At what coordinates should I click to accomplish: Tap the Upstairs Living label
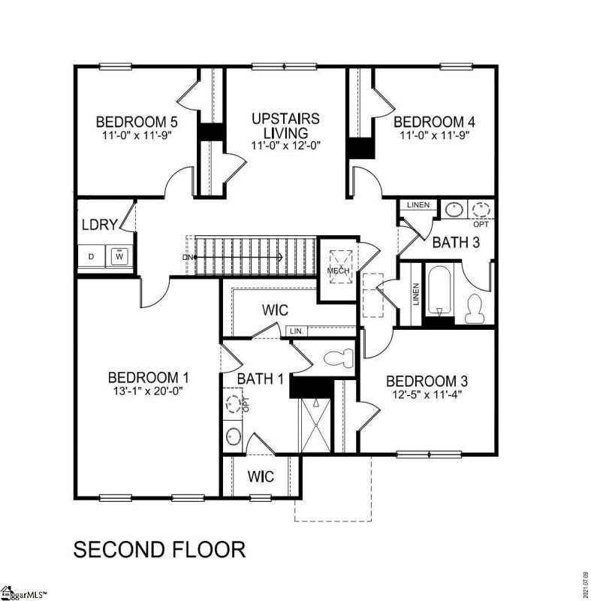coord(285,125)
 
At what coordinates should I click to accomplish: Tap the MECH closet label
coord(336,270)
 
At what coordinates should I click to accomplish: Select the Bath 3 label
coord(455,243)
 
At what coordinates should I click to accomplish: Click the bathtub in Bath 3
coord(438,292)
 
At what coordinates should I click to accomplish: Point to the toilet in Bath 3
coord(475,305)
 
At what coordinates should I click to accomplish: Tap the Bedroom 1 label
coord(148,377)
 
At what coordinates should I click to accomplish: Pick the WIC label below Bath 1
coord(260,476)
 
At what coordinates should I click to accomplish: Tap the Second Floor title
coord(158,549)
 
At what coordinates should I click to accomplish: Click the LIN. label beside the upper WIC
coord(297,330)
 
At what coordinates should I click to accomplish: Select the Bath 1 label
coord(259,379)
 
